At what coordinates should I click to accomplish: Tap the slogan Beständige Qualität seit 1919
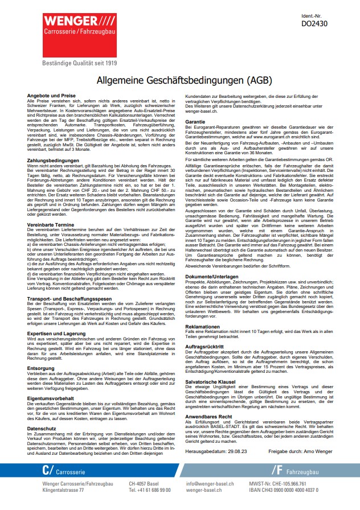[79, 63]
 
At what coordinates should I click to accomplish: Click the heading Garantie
[195, 122]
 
